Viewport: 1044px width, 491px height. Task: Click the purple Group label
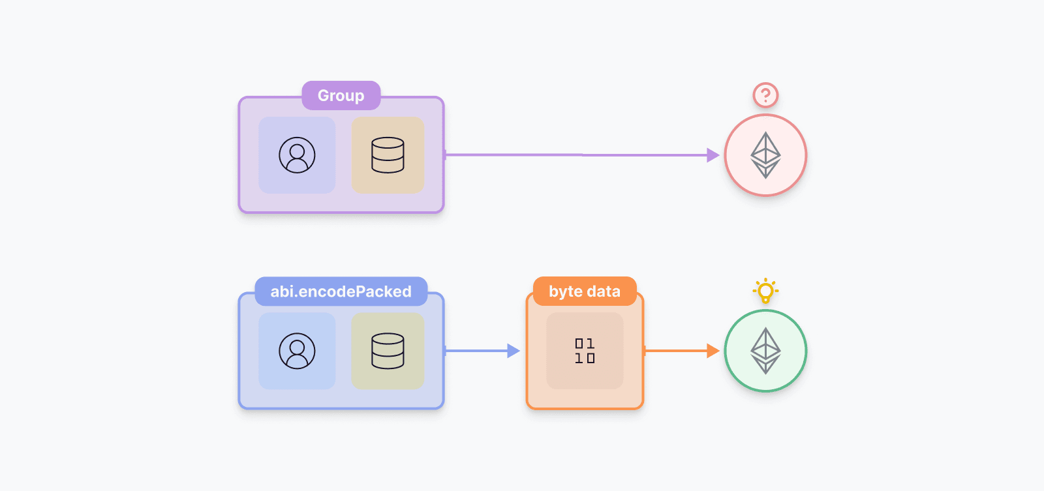coord(341,96)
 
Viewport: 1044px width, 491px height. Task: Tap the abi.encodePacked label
coord(341,291)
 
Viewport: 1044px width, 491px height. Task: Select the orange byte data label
coord(585,291)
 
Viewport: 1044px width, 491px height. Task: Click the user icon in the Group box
coord(297,155)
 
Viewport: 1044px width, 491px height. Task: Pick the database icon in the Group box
coord(388,155)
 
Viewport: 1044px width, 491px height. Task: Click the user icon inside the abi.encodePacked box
coord(297,351)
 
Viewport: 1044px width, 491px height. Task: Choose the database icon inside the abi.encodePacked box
coord(388,351)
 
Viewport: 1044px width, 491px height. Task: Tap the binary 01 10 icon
coord(585,351)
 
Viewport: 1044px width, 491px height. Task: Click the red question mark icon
coord(765,95)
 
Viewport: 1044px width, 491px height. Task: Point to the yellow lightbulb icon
coord(765,291)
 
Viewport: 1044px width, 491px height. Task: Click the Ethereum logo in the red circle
coord(765,155)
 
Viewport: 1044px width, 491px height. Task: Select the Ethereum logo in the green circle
coord(765,351)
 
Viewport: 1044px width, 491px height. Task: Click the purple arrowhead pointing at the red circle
coord(713,155)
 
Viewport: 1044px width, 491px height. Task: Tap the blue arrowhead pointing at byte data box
coord(514,351)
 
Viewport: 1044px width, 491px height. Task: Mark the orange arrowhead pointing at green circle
coord(713,351)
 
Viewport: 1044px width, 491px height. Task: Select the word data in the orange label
coord(604,291)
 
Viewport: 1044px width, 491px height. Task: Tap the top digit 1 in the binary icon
coord(591,344)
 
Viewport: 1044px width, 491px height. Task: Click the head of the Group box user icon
coord(297,151)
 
